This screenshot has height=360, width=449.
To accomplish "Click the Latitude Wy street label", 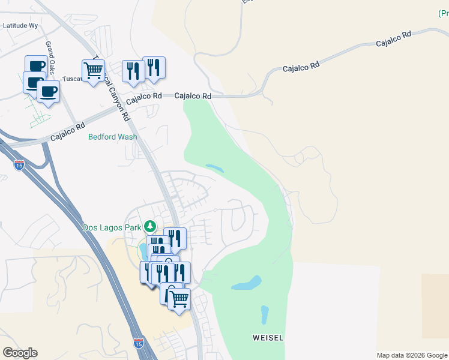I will point(20,26).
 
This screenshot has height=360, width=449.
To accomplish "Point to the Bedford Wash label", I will point(112,137).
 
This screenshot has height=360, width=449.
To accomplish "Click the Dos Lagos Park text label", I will point(111,227).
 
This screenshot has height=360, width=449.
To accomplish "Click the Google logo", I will point(20,353).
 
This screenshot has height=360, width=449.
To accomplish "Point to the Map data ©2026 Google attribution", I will point(412,355).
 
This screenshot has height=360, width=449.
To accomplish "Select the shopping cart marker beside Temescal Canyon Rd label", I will point(93,71).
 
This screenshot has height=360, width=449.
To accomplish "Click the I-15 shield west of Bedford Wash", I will point(19,164).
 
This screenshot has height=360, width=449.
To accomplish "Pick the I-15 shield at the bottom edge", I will point(139,343).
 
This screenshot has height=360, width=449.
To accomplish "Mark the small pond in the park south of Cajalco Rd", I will point(214,168).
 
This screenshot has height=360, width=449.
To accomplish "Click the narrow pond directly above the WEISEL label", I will point(265,314).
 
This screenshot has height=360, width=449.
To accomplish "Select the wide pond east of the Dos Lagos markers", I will point(247,283).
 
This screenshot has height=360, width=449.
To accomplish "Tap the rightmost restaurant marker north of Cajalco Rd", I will point(154,68).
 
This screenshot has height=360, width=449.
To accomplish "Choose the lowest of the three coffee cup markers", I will point(47,92).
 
